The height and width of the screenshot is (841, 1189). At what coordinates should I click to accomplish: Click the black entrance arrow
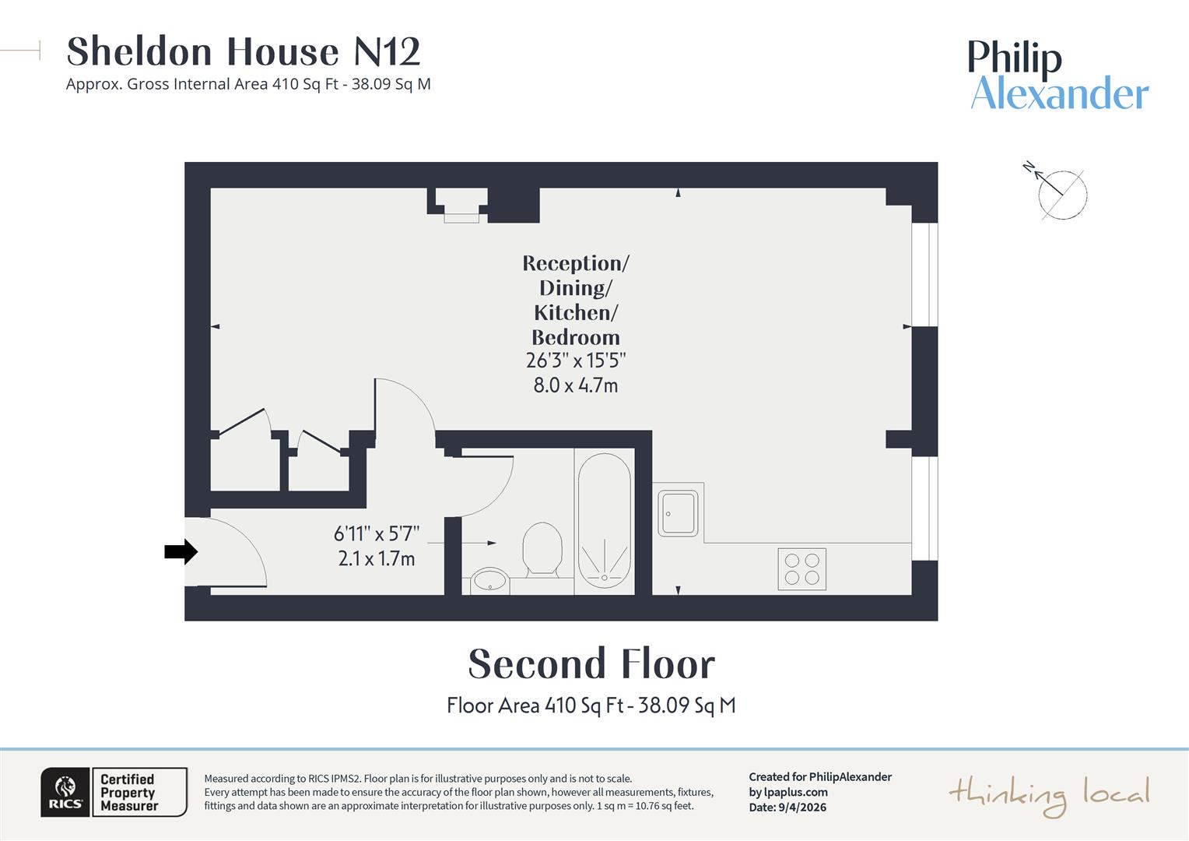point(181,552)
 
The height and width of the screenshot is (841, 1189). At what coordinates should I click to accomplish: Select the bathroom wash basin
point(489,580)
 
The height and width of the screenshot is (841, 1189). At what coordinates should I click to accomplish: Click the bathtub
point(604,519)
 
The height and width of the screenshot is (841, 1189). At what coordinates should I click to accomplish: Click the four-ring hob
point(801,569)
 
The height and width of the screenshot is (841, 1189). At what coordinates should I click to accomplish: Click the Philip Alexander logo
point(1057,76)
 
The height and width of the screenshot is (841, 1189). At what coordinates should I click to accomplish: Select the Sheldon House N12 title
point(244,52)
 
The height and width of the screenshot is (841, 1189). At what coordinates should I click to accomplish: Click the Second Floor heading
point(591,664)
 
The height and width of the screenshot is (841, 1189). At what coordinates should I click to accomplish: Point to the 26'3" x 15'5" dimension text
point(576,361)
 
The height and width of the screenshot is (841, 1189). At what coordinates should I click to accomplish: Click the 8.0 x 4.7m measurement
point(576,385)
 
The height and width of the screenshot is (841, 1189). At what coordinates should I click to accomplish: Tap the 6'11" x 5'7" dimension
point(377,534)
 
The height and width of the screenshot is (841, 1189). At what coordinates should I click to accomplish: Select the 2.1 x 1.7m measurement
point(377,558)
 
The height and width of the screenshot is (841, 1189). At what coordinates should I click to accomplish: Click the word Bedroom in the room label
point(576,337)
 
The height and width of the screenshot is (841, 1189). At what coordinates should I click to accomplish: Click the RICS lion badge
point(65,792)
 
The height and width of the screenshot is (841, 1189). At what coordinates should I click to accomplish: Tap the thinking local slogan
point(1048,795)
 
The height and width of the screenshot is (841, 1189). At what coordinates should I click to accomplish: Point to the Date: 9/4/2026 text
point(787,808)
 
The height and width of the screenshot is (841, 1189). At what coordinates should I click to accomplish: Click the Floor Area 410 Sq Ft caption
point(591,706)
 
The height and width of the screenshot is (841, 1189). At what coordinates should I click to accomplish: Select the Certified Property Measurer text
point(129,793)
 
